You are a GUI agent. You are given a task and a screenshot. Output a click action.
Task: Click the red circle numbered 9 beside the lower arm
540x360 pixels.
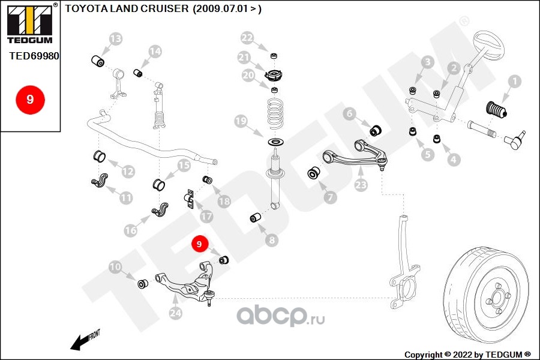pos(199,244)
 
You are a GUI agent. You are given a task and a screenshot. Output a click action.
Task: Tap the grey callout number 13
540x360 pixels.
pos(116,38)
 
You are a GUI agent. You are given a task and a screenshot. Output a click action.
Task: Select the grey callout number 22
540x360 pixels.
pos(247,38)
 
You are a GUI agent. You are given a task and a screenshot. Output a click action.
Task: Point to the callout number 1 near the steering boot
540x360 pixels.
pos(515,82)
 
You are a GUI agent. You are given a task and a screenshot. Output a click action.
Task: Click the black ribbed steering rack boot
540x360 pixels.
pos(496,110)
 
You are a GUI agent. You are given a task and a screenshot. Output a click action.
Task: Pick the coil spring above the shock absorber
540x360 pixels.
pos(275,113)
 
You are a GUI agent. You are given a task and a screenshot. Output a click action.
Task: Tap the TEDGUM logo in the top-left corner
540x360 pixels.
pos(30,24)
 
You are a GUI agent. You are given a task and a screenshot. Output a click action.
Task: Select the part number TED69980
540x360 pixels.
pos(34,56)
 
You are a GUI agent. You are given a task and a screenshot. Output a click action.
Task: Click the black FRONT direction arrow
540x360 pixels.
pos(80,342)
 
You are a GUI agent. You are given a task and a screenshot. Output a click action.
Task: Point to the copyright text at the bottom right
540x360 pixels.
pos(467,355)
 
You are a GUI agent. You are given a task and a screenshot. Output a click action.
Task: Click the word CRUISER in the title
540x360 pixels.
pos(166,8)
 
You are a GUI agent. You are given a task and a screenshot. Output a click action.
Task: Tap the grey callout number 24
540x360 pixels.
pos(175,313)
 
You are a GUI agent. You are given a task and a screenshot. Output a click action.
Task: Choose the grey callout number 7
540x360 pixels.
pos(330,197)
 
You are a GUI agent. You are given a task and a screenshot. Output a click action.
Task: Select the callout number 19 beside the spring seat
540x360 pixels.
pos(241,121)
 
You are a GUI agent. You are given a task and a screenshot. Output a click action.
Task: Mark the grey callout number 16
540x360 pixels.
pos(131,230)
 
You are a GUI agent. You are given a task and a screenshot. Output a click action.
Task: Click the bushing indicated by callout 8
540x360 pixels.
pos(255,218)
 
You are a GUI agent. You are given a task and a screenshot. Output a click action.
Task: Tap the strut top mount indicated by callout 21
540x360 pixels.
pos(274,75)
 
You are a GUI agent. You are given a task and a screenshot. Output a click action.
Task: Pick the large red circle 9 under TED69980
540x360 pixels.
pos(30,99)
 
